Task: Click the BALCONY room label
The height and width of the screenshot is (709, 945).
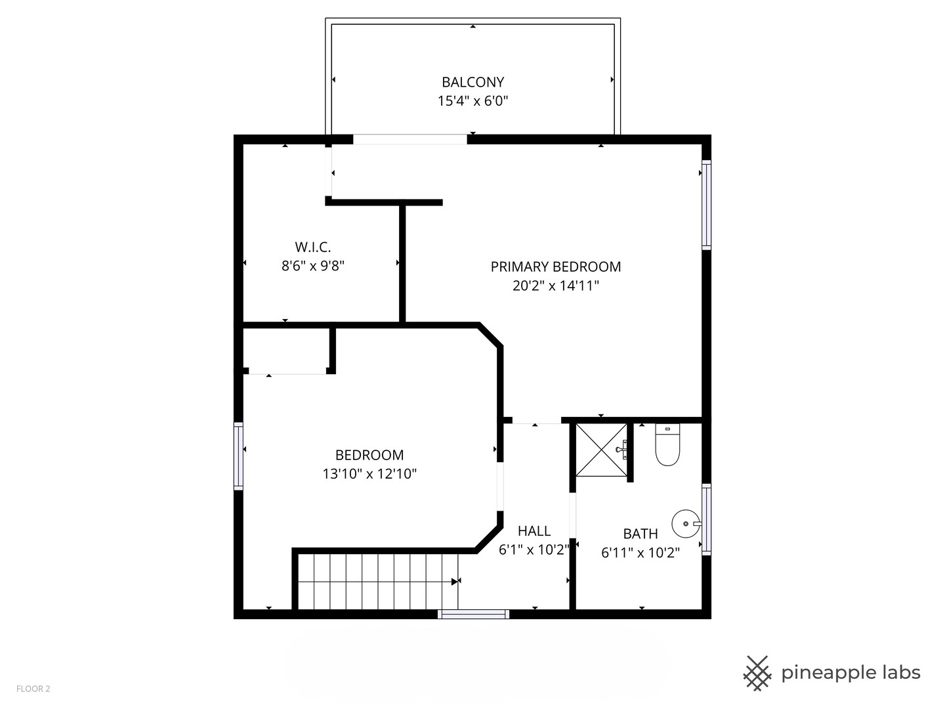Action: (472, 82)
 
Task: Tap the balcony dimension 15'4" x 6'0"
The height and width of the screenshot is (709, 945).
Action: (472, 101)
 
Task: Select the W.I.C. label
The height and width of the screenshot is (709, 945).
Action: (313, 247)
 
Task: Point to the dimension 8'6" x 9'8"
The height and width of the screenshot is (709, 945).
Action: (313, 266)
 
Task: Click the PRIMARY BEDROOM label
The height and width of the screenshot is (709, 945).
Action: (555, 267)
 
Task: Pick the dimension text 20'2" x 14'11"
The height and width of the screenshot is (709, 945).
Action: (555, 286)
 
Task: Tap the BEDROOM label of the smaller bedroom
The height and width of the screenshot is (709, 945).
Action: (369, 455)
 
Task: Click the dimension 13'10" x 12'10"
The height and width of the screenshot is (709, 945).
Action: (369, 474)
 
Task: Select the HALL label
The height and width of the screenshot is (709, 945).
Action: (534, 530)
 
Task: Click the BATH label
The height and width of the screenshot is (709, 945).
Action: (640, 534)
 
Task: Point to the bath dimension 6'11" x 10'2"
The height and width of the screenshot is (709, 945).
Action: (640, 553)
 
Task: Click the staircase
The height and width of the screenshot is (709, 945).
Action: (378, 581)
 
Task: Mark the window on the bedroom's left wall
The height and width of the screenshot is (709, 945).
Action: (238, 456)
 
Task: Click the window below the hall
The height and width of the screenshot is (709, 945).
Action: (473, 614)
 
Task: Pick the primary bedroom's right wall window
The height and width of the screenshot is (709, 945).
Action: (706, 205)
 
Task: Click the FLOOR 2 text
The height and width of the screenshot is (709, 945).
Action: (33, 689)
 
